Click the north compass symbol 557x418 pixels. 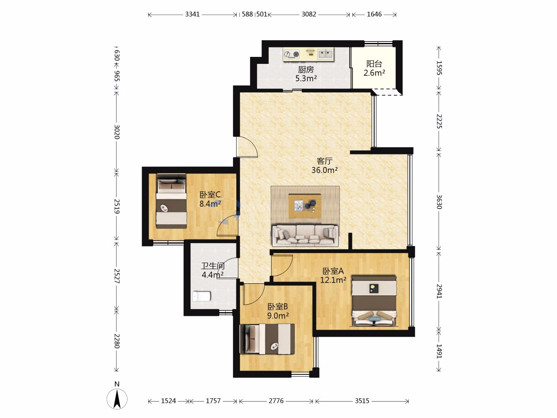coord(117,399)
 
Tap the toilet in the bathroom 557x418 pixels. coord(202,296)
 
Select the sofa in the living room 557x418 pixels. coord(305,236)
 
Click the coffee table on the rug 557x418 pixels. coord(305,206)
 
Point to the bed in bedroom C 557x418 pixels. coord(171,201)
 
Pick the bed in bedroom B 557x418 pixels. coord(267,339)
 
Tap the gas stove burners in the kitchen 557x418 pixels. coord(292,54)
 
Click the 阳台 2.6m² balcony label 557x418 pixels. coord(374,68)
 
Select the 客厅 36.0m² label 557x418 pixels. coord(325,166)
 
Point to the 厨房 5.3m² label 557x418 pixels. coord(306,74)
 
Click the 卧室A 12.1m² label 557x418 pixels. coord(333,275)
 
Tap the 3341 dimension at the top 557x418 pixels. coord(192,14)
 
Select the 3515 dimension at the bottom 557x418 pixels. coord(362,401)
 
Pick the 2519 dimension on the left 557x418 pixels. coord(117,206)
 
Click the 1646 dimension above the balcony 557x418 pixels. coord(374,14)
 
